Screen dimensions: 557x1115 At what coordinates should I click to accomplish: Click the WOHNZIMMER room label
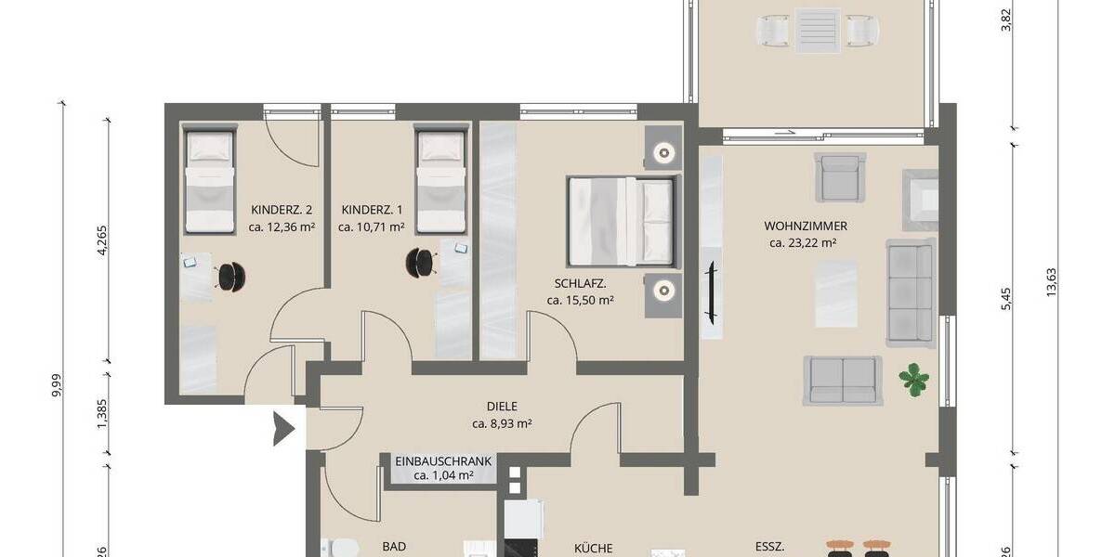[805, 226]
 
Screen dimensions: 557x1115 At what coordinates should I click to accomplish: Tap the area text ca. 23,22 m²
[804, 243]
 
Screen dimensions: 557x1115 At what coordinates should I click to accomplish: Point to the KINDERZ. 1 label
[371, 209]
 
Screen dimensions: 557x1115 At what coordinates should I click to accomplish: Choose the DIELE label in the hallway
[501, 406]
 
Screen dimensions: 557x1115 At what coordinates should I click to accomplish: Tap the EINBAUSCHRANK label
[443, 460]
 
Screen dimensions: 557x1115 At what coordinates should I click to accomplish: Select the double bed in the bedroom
[621, 221]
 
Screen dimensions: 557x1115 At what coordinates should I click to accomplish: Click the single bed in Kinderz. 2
[209, 181]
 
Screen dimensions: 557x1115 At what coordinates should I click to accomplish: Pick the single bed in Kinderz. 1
[439, 181]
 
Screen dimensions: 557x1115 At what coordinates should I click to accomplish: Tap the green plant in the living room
[914, 380]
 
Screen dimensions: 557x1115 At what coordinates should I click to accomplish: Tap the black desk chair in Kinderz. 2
[229, 275]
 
